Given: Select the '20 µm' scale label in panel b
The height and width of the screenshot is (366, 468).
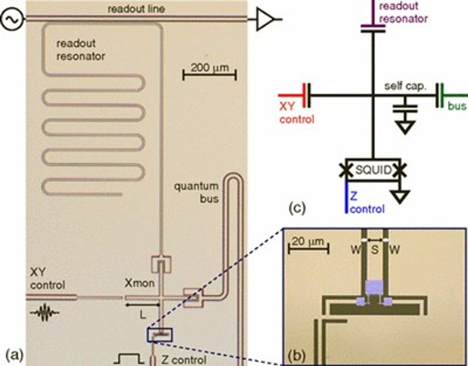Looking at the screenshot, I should coord(305,241).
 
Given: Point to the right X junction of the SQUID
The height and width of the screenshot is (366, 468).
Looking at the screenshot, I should coord(401,170).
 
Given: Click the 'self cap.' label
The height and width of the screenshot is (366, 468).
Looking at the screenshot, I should coord(405,87).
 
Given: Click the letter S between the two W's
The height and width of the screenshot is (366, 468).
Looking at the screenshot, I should coord(374,250).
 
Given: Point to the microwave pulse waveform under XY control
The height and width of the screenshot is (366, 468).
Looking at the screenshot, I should coord(44,313).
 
